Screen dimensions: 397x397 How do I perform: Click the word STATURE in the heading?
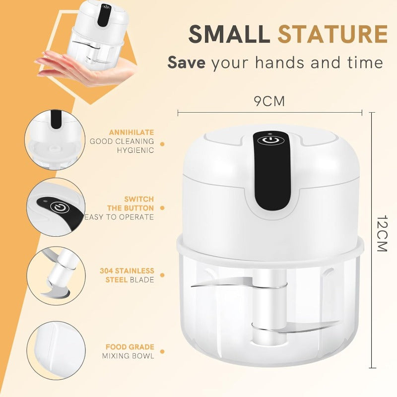[332, 34]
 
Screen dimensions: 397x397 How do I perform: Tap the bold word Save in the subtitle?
[188, 63]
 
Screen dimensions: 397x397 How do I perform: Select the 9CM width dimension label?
[269, 102]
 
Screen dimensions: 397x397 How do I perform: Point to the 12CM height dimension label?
[381, 234]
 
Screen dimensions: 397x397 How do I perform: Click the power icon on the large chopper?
[269, 140]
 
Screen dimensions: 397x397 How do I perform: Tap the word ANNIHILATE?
[132, 132]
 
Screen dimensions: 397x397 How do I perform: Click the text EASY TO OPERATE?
[120, 217]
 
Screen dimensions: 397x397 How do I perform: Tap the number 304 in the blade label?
[107, 271]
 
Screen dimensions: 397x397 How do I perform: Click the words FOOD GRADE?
[130, 347]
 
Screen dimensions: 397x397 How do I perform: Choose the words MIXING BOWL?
[129, 356]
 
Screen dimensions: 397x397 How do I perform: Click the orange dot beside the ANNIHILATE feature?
[162, 142]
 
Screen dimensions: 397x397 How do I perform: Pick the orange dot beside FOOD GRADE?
[162, 351]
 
